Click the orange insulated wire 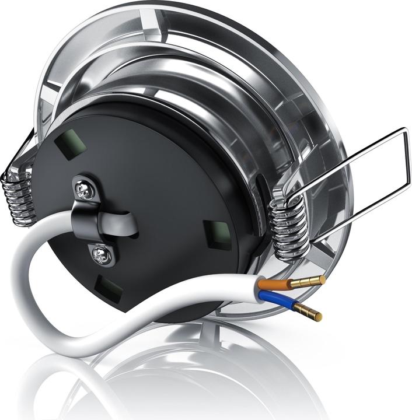click(273, 283)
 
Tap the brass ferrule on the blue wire click(308, 311)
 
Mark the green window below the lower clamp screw click(110, 288)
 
